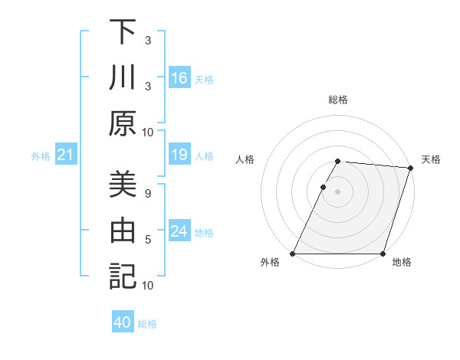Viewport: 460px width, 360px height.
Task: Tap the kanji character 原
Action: click(x=123, y=122)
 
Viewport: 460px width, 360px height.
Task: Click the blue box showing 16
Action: click(x=179, y=77)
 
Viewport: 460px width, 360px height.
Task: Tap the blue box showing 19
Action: click(x=179, y=155)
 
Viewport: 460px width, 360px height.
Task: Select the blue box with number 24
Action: click(x=179, y=231)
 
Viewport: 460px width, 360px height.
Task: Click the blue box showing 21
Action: click(x=65, y=155)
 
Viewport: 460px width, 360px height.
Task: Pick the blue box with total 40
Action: click(x=123, y=323)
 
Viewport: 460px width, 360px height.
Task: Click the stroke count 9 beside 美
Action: click(x=148, y=193)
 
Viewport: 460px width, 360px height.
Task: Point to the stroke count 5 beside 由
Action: click(x=148, y=240)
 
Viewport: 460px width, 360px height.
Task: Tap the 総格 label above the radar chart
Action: click(x=338, y=100)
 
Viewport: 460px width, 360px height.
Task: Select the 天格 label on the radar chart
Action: click(x=432, y=159)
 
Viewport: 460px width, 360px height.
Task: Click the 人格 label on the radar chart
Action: click(x=245, y=159)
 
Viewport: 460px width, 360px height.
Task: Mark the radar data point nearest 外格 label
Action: click(x=293, y=254)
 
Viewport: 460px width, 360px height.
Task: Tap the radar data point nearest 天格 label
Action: click(x=411, y=168)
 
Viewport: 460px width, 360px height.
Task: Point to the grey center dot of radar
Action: click(x=338, y=191)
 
